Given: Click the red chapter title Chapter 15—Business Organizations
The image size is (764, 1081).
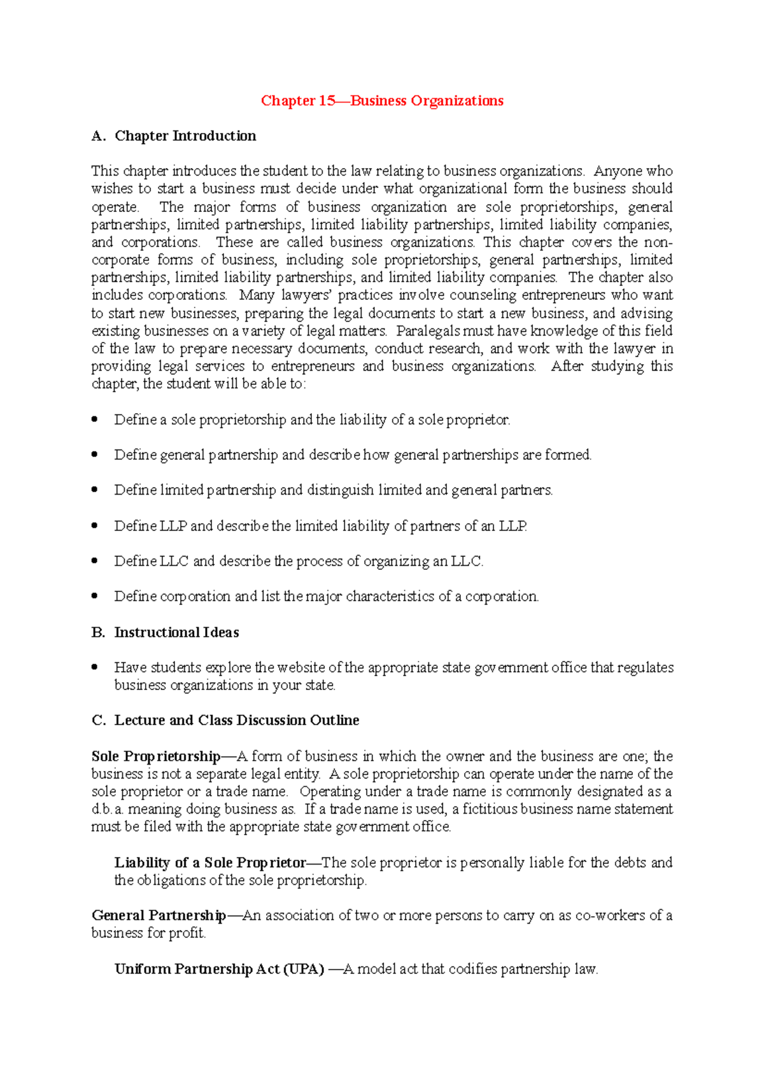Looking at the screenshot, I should point(382,101).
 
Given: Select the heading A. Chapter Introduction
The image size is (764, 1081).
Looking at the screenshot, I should point(174,136).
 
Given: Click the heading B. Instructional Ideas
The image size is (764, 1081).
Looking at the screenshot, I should point(166,632).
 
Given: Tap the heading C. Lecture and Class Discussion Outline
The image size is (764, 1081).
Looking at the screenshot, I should point(225,720).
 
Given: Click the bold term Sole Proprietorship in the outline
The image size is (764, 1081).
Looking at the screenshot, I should point(156,756).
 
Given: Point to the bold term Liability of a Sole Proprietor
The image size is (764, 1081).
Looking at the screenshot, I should point(210,863).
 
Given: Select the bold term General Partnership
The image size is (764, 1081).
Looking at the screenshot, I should point(159,915).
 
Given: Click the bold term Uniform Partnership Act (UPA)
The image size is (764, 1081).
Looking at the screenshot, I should point(219,969).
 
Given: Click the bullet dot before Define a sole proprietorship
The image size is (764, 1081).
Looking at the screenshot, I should point(95,419).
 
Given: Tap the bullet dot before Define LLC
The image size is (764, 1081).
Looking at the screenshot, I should point(95,560).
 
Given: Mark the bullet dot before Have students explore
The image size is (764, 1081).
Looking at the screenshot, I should point(95,667).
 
